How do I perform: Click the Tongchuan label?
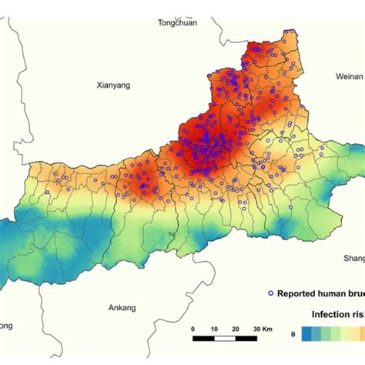pos(177,23)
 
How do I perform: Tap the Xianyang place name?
pos(115,85)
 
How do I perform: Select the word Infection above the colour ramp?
pos(332,315)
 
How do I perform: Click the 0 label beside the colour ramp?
pos(293,334)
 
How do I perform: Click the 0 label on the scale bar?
pos(193,329)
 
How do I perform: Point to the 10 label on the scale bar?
pos(213,329)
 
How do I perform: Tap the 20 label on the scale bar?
pos(233,329)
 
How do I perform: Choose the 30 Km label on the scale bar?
pos(259,329)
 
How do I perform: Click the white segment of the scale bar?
pos(223,337)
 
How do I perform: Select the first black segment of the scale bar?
pos(203,337)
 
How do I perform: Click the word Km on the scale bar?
pos(266,329)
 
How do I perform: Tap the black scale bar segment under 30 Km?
pos(243,337)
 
